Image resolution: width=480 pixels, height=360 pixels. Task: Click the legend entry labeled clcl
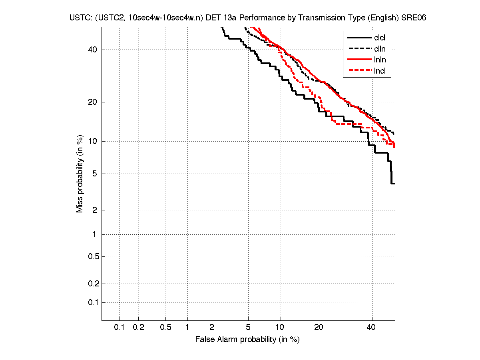coord(380,38)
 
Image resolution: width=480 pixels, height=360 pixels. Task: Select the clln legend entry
coord(380,49)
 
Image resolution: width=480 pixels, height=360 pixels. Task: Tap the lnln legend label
coord(380,60)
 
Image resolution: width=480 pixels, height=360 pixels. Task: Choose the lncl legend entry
coord(380,71)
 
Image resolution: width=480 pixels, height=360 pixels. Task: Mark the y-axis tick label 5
coord(95,174)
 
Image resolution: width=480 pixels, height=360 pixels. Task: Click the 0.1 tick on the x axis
coord(120,328)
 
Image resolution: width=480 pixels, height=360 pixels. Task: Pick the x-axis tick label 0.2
coord(138,328)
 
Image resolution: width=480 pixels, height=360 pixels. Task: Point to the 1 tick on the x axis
coord(187,328)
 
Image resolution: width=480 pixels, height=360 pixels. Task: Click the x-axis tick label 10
coord(280,328)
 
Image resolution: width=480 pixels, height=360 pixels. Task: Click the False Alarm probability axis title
coord(247,340)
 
